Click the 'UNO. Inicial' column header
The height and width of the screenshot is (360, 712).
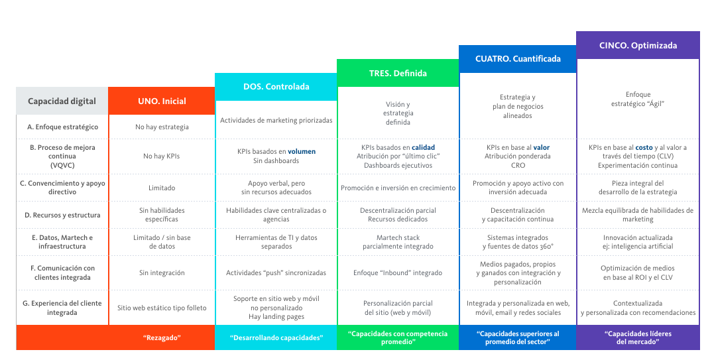click(162, 101)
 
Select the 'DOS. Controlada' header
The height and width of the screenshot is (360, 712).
click(276, 87)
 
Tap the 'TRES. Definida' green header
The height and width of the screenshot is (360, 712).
click(398, 73)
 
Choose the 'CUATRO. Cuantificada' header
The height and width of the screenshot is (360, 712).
click(518, 58)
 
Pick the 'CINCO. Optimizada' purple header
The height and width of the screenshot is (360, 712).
click(638, 46)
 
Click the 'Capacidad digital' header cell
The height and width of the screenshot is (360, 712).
click(62, 101)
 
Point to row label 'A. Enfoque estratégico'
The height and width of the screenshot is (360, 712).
click(63, 127)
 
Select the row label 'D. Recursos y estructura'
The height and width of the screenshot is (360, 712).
click(62, 215)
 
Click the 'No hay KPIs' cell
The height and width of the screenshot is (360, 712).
click(162, 156)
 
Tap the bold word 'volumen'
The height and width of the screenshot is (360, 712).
click(302, 151)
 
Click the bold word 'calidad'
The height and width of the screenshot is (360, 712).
click(423, 147)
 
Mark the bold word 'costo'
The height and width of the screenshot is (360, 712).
click(644, 147)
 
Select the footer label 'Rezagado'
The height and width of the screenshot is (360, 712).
click(162, 337)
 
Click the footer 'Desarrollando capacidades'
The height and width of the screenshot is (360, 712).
click(276, 337)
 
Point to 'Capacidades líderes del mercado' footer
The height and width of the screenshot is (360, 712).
click(638, 337)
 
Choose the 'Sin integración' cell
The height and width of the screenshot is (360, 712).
click(162, 272)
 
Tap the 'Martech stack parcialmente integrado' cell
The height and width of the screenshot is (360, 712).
click(398, 242)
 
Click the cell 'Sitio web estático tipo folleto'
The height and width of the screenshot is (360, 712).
click(162, 308)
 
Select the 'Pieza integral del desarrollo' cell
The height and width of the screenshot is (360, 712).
click(638, 188)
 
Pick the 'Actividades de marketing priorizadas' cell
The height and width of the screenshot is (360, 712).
click(276, 120)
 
